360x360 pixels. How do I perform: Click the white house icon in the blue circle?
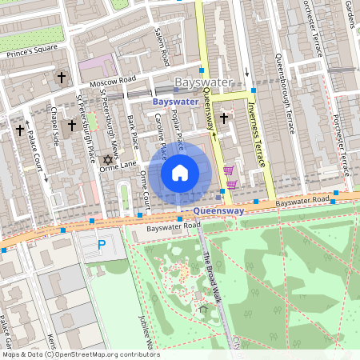click(180, 172)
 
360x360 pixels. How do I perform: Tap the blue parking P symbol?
click(101, 244)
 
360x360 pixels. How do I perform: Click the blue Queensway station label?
click(218, 212)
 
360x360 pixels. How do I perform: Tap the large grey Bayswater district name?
click(204, 82)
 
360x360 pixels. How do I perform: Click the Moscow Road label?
click(114, 81)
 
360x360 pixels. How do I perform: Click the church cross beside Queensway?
click(224, 118)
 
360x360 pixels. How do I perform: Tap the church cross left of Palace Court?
click(20, 130)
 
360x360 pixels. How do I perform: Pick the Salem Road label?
click(162, 48)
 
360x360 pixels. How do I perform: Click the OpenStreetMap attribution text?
click(81, 354)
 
